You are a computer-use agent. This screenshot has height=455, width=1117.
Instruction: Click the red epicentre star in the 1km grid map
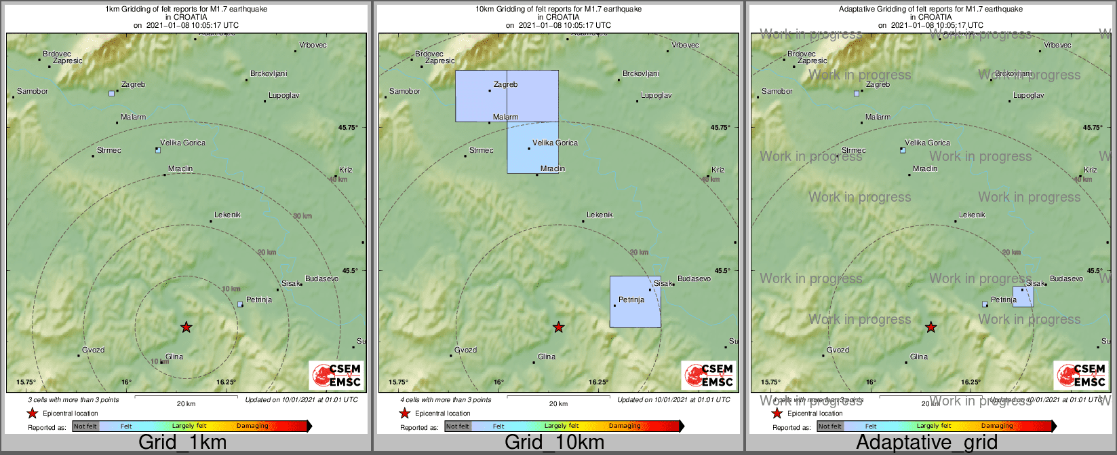point(186,327)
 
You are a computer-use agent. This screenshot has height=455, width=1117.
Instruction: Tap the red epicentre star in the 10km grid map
point(558,327)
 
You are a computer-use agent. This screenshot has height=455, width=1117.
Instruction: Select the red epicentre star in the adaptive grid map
point(930,327)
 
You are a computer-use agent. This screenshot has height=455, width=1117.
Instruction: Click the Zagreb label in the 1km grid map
point(133,85)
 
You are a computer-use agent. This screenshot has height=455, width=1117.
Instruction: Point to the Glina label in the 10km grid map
point(546,357)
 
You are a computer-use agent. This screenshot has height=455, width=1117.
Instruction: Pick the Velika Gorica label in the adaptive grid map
point(927,143)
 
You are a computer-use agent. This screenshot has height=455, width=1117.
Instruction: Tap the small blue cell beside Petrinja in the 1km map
point(240,305)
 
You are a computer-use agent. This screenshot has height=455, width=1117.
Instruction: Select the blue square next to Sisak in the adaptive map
point(1023,297)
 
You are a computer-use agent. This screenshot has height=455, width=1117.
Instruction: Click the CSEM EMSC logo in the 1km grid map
point(336,375)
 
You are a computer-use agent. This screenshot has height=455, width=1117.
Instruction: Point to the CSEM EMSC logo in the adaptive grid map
point(1081,375)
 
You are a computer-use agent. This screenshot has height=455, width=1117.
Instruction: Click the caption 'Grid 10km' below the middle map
point(554,443)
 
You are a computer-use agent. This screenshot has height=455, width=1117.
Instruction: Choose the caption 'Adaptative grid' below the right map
point(926,443)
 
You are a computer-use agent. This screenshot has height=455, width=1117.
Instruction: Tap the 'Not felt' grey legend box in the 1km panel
point(85,426)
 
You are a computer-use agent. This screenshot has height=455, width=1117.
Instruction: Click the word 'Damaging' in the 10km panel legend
point(625,426)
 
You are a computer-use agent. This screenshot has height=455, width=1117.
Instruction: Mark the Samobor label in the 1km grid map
point(33,91)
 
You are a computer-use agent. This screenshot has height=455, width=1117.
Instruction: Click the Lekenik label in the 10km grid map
point(600,215)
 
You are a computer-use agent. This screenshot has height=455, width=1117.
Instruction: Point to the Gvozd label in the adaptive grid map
point(838,350)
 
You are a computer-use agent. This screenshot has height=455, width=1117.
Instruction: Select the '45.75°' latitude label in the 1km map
point(348,127)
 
